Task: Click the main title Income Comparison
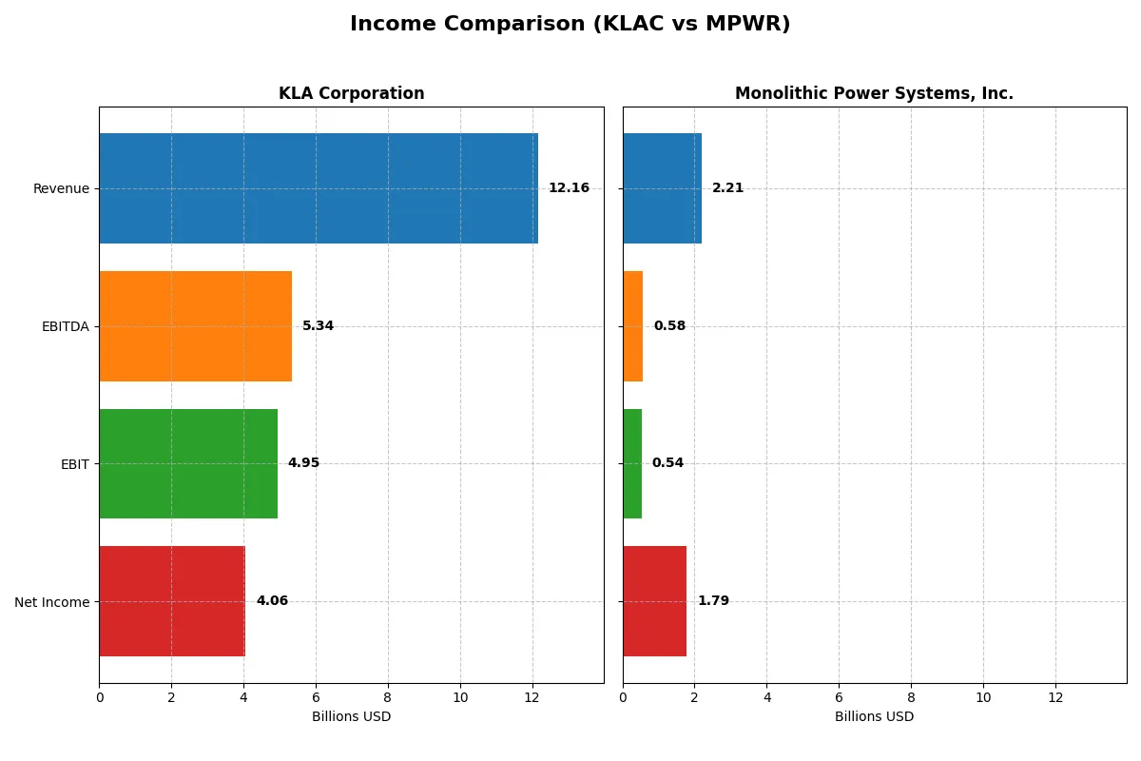click(570, 25)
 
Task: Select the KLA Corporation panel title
click(351, 93)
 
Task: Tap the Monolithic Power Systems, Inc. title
click(874, 93)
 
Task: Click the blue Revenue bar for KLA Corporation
click(319, 188)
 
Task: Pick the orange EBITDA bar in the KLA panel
click(195, 326)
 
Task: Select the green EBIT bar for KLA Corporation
click(188, 463)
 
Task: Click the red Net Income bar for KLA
click(172, 601)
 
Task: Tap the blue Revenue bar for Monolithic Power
click(662, 188)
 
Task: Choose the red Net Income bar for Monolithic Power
click(654, 601)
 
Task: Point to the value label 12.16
click(569, 188)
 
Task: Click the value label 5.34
click(318, 326)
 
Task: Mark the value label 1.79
click(713, 601)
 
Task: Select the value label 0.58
click(669, 326)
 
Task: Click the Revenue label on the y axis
click(61, 188)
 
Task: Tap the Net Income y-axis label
click(52, 602)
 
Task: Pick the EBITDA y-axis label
click(65, 326)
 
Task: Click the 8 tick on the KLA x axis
click(388, 697)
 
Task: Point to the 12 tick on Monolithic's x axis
click(1055, 697)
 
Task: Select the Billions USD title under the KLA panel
click(351, 717)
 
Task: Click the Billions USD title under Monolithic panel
click(874, 717)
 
